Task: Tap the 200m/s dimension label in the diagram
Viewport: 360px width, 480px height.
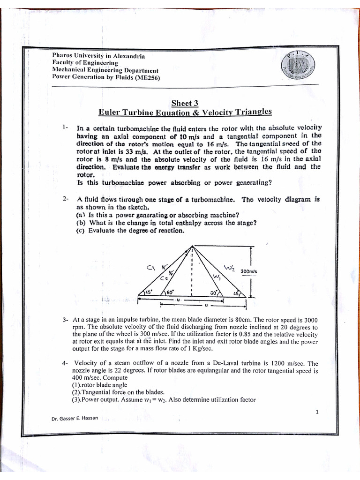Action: coord(249,271)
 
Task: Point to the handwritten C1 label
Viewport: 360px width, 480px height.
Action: coord(151,268)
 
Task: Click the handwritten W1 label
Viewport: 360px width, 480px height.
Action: coord(217,277)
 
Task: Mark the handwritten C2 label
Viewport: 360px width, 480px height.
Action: coord(163,278)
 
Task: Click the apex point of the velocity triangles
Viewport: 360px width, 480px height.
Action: coord(193,247)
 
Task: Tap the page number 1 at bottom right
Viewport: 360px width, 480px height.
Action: coord(317,412)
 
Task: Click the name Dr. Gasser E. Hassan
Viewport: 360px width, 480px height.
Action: coord(75,418)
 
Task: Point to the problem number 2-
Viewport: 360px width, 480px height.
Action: coord(66,199)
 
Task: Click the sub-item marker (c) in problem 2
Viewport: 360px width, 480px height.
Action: coord(80,231)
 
